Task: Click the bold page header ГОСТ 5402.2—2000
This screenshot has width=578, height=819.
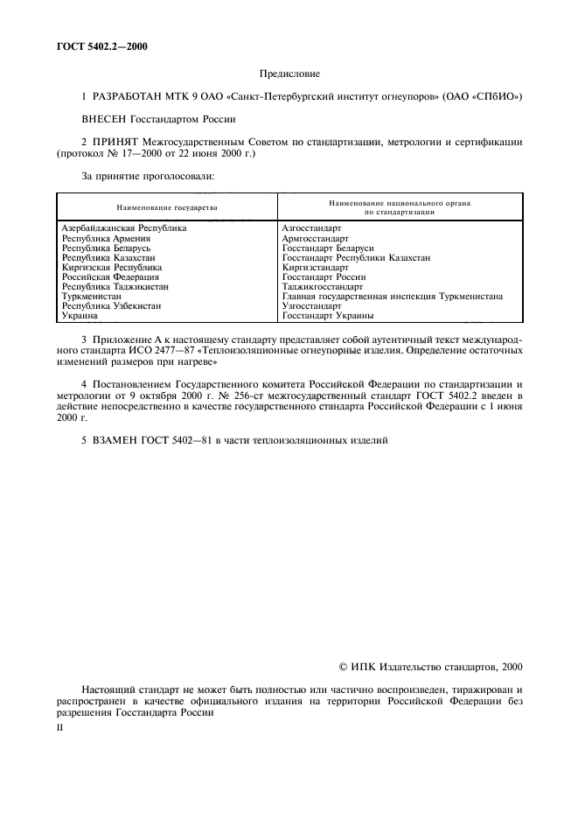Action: click(x=102, y=46)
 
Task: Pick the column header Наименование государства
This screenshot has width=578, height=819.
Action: click(x=166, y=208)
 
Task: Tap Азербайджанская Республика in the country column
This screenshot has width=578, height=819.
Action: click(x=124, y=227)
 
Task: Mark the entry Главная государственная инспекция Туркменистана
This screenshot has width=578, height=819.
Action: click(x=393, y=296)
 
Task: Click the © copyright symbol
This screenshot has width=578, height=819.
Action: click(x=344, y=667)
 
